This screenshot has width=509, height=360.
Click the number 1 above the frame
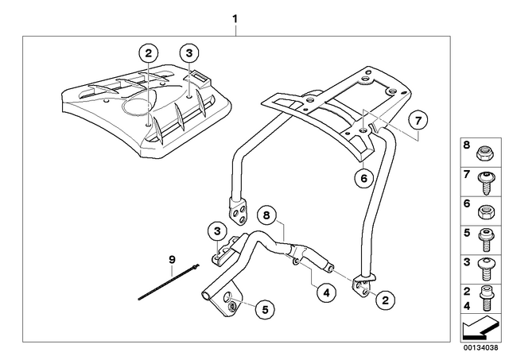pyautogui.click(x=235, y=19)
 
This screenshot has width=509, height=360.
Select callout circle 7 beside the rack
pyautogui.click(x=418, y=121)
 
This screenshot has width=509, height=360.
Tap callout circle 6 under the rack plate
pyautogui.click(x=364, y=178)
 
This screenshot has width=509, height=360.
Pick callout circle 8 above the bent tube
pyautogui.click(x=266, y=215)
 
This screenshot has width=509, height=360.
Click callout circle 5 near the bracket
pyautogui.click(x=265, y=310)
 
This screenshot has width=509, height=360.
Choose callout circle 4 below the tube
pyautogui.click(x=326, y=293)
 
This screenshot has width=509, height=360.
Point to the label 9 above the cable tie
pyautogui.click(x=172, y=259)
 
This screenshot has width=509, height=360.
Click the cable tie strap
pyautogui.click(x=169, y=282)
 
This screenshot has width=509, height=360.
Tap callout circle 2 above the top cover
pyautogui.click(x=149, y=53)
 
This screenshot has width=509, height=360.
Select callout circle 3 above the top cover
pyautogui.click(x=189, y=53)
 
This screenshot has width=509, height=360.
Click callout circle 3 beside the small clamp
pyautogui.click(x=217, y=231)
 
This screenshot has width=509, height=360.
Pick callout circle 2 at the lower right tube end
pyautogui.click(x=385, y=300)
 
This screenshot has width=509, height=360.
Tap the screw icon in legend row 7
pyautogui.click(x=486, y=183)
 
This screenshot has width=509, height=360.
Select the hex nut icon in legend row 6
pyautogui.click(x=484, y=212)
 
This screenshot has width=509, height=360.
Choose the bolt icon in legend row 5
pyautogui.click(x=486, y=240)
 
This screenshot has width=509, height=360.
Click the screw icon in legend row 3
pyautogui.click(x=486, y=269)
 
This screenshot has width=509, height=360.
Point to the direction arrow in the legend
pyautogui.click(x=480, y=328)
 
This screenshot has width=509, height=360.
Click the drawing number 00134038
pyautogui.click(x=480, y=347)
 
